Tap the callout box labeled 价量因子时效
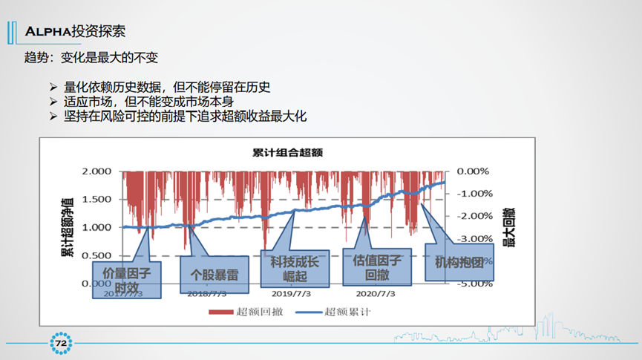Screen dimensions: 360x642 click(126, 278)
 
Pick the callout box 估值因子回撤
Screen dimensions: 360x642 click(377, 266)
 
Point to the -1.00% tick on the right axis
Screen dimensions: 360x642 click(473, 194)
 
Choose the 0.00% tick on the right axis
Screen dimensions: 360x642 click(473, 171)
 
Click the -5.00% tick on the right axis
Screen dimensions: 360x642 click(473, 283)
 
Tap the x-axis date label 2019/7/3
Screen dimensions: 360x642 click(291, 293)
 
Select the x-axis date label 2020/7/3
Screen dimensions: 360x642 click(376, 293)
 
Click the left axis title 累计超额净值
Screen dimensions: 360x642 click(68, 227)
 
